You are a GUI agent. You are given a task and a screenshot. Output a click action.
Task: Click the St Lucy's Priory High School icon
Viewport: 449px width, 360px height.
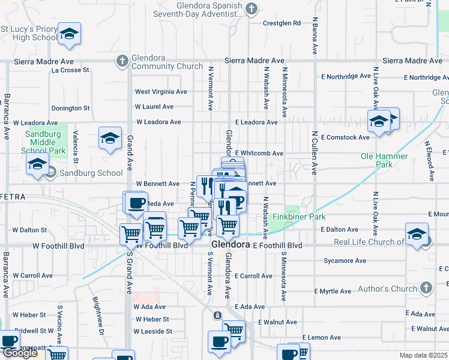[70, 34]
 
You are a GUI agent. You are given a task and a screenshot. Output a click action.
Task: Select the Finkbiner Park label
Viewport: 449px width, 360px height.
[299, 217]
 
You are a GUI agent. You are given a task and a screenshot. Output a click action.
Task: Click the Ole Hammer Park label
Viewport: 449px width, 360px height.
[384, 160]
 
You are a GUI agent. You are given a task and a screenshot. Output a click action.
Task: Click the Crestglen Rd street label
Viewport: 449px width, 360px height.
[282, 23]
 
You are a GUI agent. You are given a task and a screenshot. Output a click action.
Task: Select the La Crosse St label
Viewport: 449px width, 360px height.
[70, 70]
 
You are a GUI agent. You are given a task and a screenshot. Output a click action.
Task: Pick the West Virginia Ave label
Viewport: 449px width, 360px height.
[161, 92]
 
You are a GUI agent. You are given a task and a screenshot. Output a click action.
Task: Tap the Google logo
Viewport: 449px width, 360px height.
[20, 353]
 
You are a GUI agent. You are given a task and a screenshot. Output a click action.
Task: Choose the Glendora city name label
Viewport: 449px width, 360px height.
[231, 245]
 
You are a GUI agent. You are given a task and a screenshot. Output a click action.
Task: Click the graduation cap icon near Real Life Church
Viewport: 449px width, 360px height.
[417, 235]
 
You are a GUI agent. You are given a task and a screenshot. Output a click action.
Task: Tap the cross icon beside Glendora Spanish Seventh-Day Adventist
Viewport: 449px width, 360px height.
[252, 8]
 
